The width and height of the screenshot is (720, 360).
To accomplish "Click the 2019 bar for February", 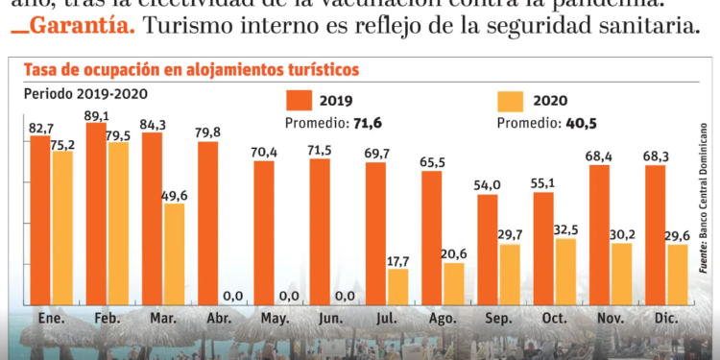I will (97, 215).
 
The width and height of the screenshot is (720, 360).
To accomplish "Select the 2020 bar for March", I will (174, 255).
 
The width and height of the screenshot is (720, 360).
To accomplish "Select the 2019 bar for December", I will (657, 236).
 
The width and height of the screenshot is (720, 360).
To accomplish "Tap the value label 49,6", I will (175, 195).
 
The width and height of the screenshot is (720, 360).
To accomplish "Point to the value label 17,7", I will (398, 260).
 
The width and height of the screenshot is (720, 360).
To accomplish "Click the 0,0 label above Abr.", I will (230, 296).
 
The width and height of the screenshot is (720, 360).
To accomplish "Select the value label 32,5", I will (567, 230).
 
